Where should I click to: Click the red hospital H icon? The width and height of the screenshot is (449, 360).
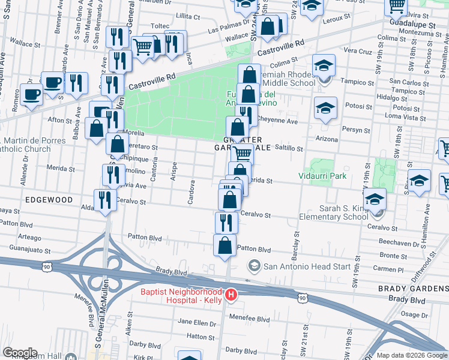coord(231,295)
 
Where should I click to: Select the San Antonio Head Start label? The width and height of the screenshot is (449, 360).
coord(297,266)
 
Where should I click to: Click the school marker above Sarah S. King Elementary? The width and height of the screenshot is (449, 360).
coord(375,199)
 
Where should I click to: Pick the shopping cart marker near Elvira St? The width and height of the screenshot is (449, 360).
coord(396,6)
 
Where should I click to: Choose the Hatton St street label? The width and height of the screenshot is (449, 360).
coord(200,337)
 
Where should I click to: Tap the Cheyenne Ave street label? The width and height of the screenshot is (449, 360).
coord(277,121)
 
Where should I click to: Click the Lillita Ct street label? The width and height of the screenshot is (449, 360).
coord(187,16)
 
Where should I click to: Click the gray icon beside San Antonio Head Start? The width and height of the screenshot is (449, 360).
coord(255,266)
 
